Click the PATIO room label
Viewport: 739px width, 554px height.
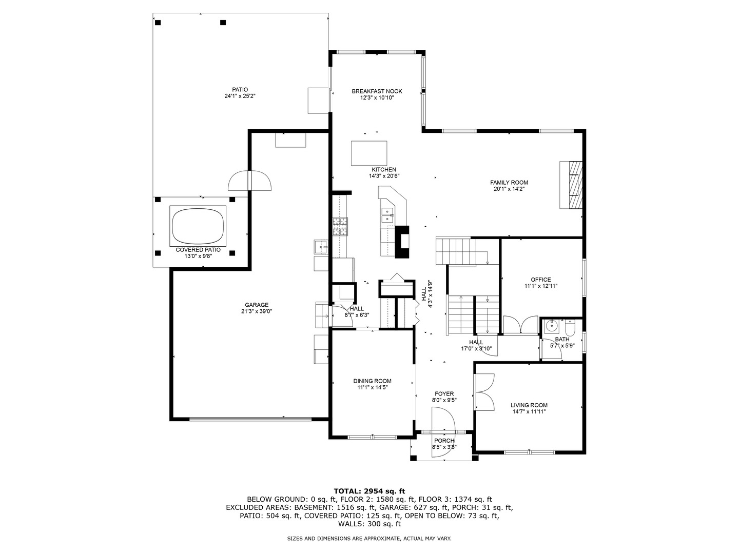pyautogui.click(x=240, y=89)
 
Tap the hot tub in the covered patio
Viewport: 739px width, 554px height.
pyautogui.click(x=198, y=226)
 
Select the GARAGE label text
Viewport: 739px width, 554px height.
pyautogui.click(x=257, y=305)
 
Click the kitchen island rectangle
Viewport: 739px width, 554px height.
pyautogui.click(x=368, y=153)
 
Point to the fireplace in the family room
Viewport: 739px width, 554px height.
pyautogui.click(x=571, y=185)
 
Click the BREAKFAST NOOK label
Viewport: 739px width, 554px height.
pyautogui.click(x=377, y=91)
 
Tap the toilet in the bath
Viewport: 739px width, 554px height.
pyautogui.click(x=571, y=326)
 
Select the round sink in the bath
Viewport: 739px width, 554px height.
pyautogui.click(x=552, y=326)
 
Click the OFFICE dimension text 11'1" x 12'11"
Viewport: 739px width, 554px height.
pyautogui.click(x=541, y=286)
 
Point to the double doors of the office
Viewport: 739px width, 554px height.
pyautogui.click(x=520, y=325)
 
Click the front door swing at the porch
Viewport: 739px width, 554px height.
pyautogui.click(x=443, y=432)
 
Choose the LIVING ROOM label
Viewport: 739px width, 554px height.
pyautogui.click(x=529, y=405)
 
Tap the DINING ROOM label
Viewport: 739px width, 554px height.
pyautogui.click(x=372, y=381)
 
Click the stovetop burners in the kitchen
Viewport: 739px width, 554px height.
pyautogui.click(x=340, y=226)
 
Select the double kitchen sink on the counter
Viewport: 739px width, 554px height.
pyautogui.click(x=388, y=215)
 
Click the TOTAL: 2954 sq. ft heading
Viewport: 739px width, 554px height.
pyautogui.click(x=369, y=491)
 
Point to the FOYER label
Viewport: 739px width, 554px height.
pyautogui.click(x=444, y=393)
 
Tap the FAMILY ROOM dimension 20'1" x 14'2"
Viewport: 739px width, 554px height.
pyautogui.click(x=509, y=189)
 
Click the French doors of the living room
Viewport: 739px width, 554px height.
pyautogui.click(x=483, y=391)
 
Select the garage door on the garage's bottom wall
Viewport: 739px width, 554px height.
pyautogui.click(x=250, y=419)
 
